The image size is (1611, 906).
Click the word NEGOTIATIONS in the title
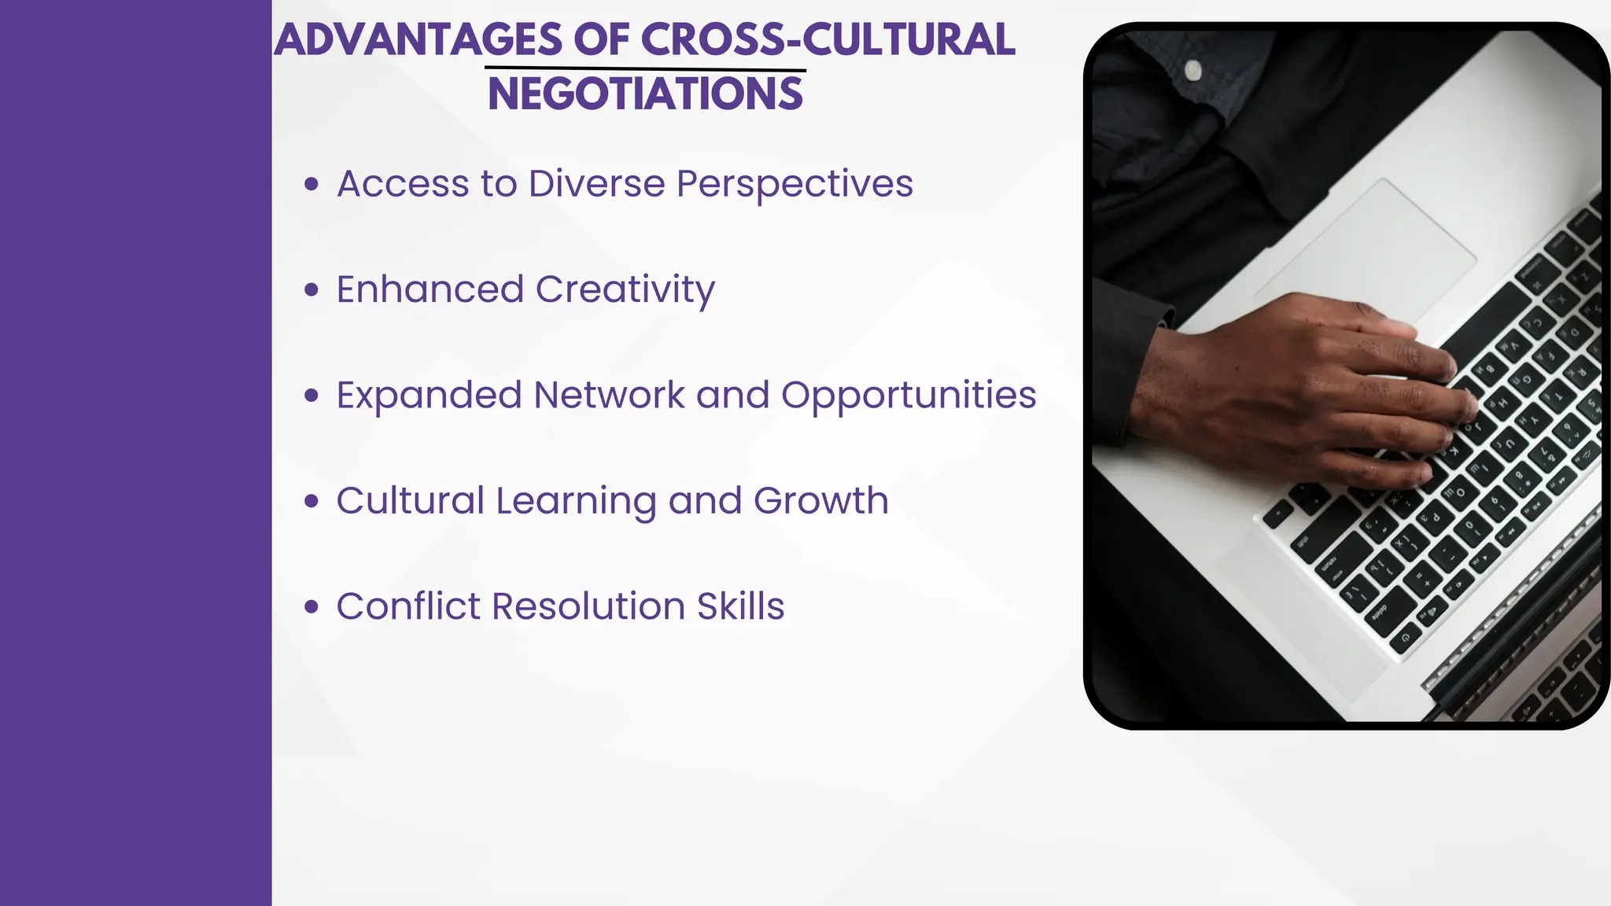(645, 94)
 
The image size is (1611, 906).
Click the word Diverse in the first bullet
(597, 184)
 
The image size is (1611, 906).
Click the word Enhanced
(430, 289)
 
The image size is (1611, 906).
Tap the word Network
(609, 395)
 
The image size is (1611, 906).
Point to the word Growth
(821, 501)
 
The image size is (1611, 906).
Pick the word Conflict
(408, 606)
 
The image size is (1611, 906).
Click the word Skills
(740, 606)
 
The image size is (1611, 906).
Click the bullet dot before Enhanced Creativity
(312, 290)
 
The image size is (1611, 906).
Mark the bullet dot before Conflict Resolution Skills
(312, 607)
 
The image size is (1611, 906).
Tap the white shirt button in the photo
(1193, 70)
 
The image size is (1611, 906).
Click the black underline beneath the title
(645, 70)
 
